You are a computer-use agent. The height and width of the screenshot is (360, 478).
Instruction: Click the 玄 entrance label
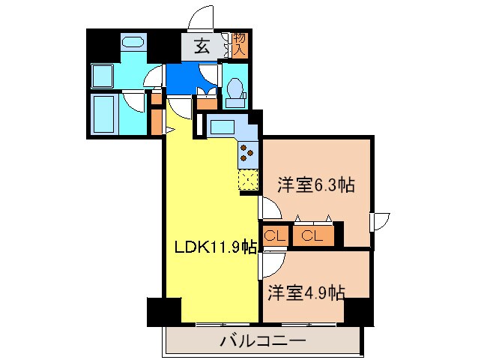pyautogui.click(x=202, y=46)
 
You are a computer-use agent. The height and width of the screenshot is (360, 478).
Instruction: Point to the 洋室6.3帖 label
pyautogui.click(x=316, y=185)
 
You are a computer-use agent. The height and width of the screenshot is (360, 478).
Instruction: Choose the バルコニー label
pyautogui.click(x=262, y=342)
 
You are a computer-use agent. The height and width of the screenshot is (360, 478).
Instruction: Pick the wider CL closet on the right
pyautogui.click(x=312, y=236)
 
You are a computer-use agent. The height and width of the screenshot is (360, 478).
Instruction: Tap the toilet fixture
pyautogui.click(x=234, y=89)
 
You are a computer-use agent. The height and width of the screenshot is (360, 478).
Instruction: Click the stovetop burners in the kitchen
pyautogui.click(x=247, y=153)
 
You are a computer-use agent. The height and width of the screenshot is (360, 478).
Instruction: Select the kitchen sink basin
pyautogui.click(x=222, y=127)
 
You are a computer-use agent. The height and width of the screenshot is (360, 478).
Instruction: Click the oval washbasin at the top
pyautogui.click(x=133, y=42)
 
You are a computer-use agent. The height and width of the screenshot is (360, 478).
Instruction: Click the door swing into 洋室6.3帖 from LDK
pyautogui.click(x=269, y=208)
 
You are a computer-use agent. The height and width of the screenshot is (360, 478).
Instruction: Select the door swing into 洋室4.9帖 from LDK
pyautogui.click(x=270, y=263)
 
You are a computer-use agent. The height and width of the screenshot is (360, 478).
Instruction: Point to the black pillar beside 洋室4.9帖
pyautogui.click(x=358, y=310)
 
